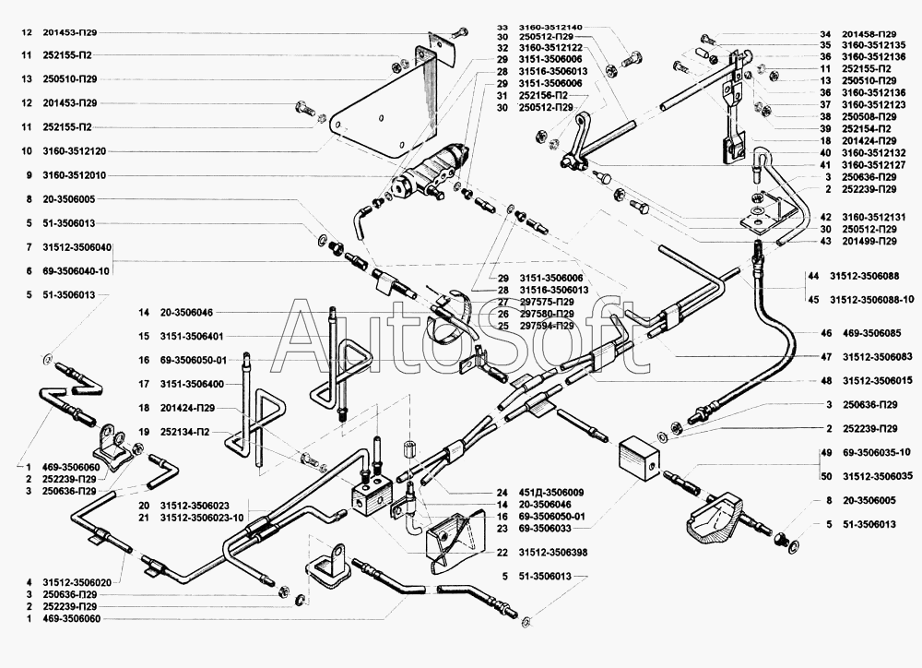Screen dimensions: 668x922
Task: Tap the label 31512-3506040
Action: (77, 247)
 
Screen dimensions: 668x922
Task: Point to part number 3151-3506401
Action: (194, 336)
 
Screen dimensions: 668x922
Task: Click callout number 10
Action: (28, 150)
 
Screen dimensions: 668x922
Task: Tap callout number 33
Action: (502, 29)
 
